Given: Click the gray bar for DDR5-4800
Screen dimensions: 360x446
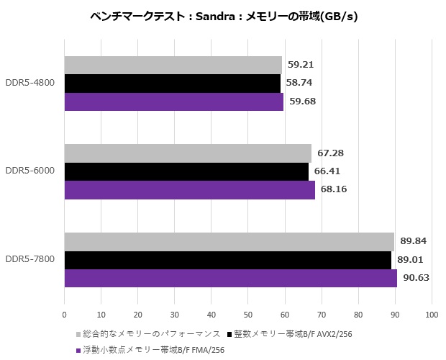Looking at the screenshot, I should point(173,66).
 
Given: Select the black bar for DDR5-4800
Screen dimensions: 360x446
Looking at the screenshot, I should point(173,84).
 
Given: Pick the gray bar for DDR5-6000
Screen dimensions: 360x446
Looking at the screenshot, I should point(188,153).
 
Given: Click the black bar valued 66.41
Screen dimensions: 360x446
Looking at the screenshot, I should point(186,171).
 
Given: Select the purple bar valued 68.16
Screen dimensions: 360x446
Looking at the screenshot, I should point(189,189).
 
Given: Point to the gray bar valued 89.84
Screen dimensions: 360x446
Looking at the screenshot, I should point(229,242).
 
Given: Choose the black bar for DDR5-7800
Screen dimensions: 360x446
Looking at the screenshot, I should point(228,260).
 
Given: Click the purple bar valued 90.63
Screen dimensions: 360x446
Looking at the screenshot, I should point(231,278).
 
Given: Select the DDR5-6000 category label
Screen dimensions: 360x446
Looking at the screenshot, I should point(31,171).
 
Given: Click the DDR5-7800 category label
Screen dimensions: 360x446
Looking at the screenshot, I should point(31,260).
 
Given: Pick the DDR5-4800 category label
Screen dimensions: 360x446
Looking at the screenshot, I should point(31,84).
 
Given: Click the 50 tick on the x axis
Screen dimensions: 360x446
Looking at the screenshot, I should point(248,315).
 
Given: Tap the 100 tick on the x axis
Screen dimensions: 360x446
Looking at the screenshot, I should point(432,315).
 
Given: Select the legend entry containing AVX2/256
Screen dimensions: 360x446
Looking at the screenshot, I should point(295,334).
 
